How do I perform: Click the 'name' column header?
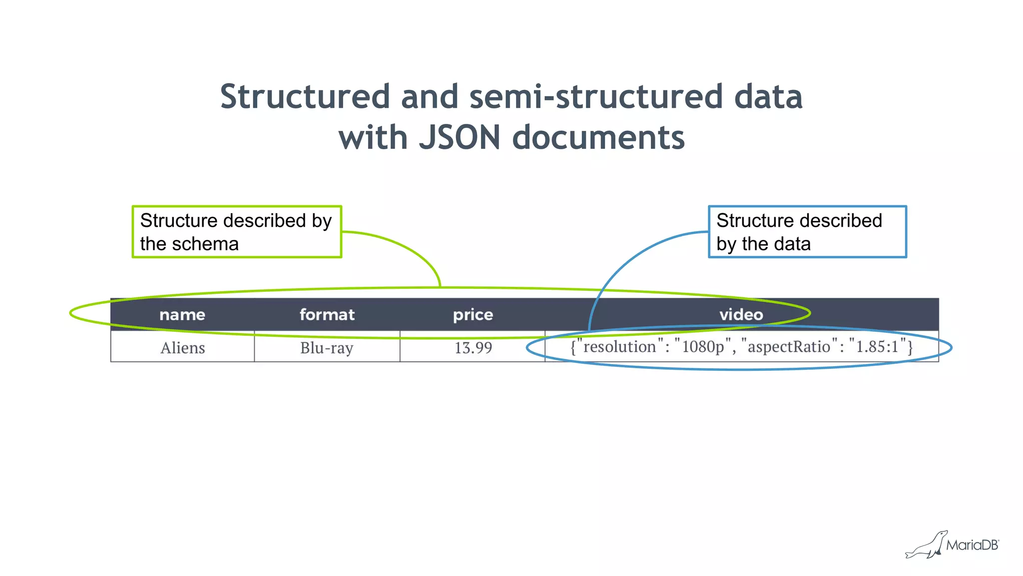pyautogui.click(x=182, y=315)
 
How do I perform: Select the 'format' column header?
pyautogui.click(x=327, y=315)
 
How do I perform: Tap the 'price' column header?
pyautogui.click(x=473, y=315)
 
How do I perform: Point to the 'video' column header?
pyautogui.click(x=741, y=315)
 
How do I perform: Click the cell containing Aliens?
pyautogui.click(x=183, y=348)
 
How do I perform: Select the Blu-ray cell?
pyautogui.click(x=327, y=348)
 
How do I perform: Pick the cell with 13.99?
pyautogui.click(x=473, y=348)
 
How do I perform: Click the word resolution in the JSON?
pyautogui.click(x=619, y=347)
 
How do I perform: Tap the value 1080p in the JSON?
pyautogui.click(x=703, y=347)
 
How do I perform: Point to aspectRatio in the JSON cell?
pyautogui.click(x=789, y=347)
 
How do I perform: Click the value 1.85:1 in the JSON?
pyautogui.click(x=877, y=347)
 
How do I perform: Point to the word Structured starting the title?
pyautogui.click(x=305, y=96)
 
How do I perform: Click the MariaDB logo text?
pyautogui.click(x=972, y=545)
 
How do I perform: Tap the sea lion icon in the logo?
pyautogui.click(x=927, y=546)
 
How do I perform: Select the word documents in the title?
pyautogui.click(x=598, y=137)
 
